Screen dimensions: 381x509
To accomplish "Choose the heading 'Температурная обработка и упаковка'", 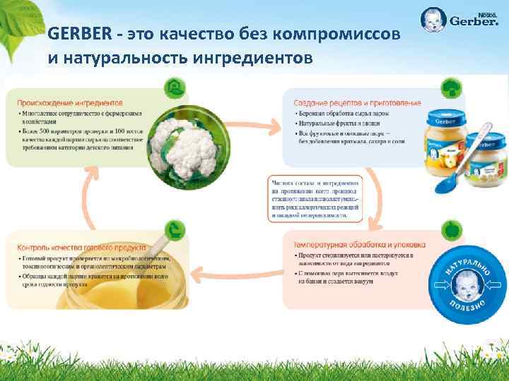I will click(358, 244).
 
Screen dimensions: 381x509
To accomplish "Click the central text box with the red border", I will click(315, 198).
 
